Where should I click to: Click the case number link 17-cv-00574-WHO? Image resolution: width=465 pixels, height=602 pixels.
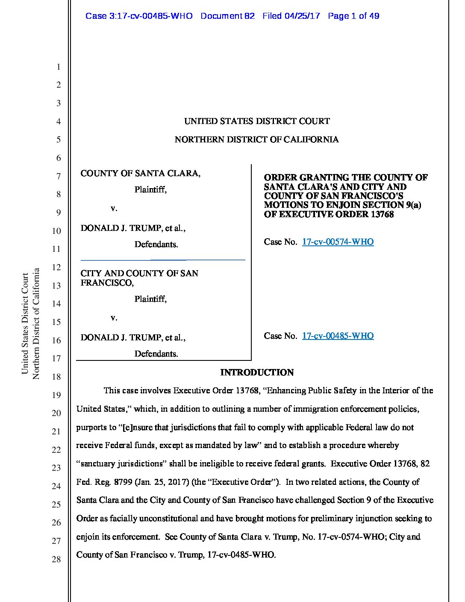[338, 242]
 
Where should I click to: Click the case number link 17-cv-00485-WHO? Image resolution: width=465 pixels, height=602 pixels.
[338, 336]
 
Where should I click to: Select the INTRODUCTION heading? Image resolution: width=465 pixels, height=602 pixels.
[257, 373]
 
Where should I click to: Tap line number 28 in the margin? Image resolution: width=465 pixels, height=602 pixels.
[56, 559]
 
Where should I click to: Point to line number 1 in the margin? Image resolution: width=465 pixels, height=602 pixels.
[59, 67]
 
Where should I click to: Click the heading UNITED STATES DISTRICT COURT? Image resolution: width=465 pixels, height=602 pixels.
[257, 121]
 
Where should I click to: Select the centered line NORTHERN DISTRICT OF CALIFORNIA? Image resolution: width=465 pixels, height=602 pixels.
[256, 140]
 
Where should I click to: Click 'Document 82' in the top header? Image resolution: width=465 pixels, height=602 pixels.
[227, 16]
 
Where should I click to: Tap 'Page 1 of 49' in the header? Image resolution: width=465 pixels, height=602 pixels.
[353, 16]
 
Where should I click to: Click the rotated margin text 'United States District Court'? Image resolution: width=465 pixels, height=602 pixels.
[25, 323]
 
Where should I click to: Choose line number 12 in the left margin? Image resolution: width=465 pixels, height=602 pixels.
[56, 268]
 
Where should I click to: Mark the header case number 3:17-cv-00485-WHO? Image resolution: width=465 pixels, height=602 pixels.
[139, 16]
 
